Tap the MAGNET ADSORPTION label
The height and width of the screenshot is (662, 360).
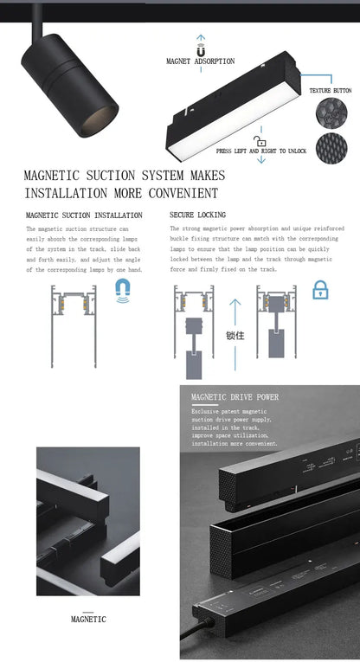(200, 61)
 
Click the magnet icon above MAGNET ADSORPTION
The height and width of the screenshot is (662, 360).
(201, 50)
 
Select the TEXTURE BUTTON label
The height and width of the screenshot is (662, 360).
(330, 90)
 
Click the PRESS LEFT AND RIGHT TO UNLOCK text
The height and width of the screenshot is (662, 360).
(260, 151)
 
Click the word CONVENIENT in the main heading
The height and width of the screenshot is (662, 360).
(177, 193)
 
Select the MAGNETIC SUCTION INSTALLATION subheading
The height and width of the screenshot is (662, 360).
(84, 215)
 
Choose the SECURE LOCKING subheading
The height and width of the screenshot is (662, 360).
(198, 215)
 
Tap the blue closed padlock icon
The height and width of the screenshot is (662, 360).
(320, 289)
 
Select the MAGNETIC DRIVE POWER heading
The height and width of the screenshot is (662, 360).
(235, 397)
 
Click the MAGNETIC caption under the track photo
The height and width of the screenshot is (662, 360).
(87, 619)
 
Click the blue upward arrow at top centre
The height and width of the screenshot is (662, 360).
(201, 39)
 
